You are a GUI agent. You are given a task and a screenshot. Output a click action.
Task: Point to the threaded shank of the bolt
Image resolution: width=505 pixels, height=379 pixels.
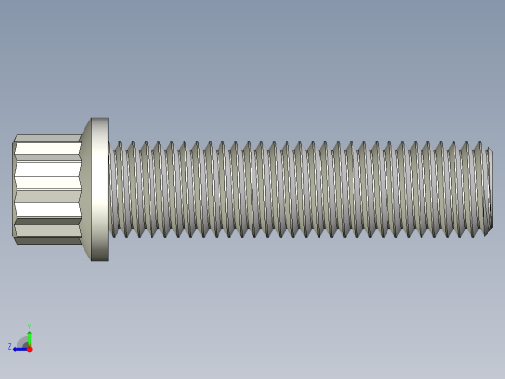tap(291, 189)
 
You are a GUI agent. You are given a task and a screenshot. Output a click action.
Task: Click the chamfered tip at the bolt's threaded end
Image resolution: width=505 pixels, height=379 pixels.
tap(489, 189)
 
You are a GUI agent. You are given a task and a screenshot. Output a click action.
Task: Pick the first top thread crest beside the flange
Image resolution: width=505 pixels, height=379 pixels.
tap(118, 144)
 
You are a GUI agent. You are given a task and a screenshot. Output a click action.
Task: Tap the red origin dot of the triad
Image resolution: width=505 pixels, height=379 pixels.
tap(30, 348)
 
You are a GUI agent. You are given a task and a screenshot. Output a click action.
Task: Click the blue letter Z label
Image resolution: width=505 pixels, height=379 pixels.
tap(10, 347)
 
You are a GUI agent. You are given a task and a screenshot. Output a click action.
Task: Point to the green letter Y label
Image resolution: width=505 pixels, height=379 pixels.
tap(30, 326)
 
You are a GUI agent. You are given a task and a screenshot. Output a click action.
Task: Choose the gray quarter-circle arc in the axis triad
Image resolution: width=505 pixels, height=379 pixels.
tap(23, 341)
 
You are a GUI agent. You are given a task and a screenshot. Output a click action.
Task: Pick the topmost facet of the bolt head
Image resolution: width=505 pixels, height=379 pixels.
tap(47, 138)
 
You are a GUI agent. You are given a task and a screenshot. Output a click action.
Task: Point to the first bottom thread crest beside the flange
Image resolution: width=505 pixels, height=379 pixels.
tap(118, 232)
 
